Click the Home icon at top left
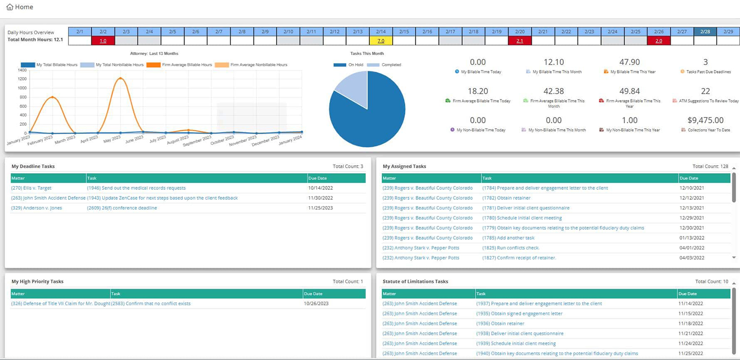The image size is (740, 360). pos(10,7)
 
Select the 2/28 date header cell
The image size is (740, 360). pos(705,32)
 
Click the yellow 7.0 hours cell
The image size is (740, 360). pos(381,41)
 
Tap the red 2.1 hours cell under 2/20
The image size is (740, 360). pos(519,41)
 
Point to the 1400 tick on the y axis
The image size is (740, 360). pos(22,71)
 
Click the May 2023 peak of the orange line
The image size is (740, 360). pos(120,78)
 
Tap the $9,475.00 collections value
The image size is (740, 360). pos(705,120)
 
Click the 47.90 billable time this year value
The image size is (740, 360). pos(629,62)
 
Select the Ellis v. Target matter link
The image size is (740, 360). pos(31,188)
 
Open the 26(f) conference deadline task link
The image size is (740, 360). pos(122,208)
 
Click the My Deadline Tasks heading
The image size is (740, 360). pos(33,166)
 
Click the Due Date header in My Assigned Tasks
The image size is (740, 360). pos(689,178)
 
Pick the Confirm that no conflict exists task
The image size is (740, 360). pos(151,304)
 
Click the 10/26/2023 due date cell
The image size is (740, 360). pos(316,304)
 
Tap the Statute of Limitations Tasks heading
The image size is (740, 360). pos(415,282)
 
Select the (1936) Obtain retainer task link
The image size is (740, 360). pos(500,324)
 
